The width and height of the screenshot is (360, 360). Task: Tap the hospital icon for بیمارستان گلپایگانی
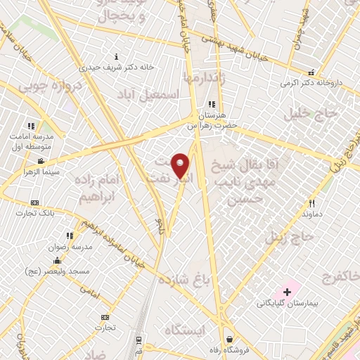[287, 291]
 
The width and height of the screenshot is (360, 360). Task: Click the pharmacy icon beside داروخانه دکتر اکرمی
[311, 72]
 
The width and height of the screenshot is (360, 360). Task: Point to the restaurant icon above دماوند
[310, 202]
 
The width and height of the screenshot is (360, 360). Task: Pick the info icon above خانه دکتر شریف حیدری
[116, 56]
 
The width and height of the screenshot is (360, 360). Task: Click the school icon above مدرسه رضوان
[69, 236]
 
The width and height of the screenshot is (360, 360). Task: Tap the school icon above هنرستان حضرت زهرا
[212, 104]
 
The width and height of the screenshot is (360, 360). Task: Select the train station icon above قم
[139, 339]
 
